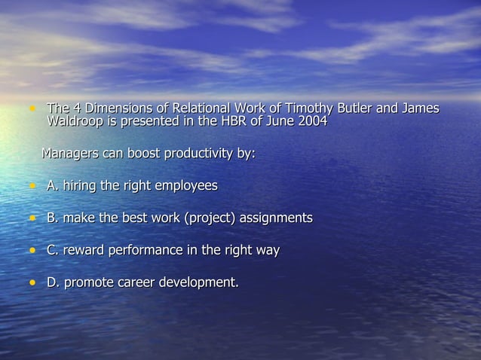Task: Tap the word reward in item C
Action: [x=84, y=251]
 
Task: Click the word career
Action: [x=141, y=283]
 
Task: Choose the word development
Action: [x=202, y=283]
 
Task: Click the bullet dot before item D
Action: [x=32, y=283]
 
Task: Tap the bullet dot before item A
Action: [x=32, y=185]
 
